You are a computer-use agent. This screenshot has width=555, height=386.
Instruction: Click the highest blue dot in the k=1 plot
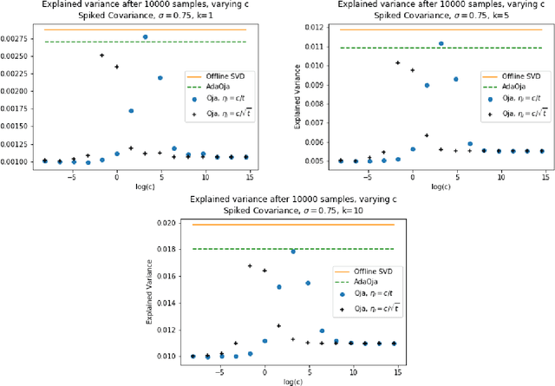click(x=145, y=37)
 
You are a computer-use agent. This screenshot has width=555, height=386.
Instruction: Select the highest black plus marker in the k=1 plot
click(x=102, y=56)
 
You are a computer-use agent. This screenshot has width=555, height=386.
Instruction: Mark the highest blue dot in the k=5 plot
click(x=441, y=43)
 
